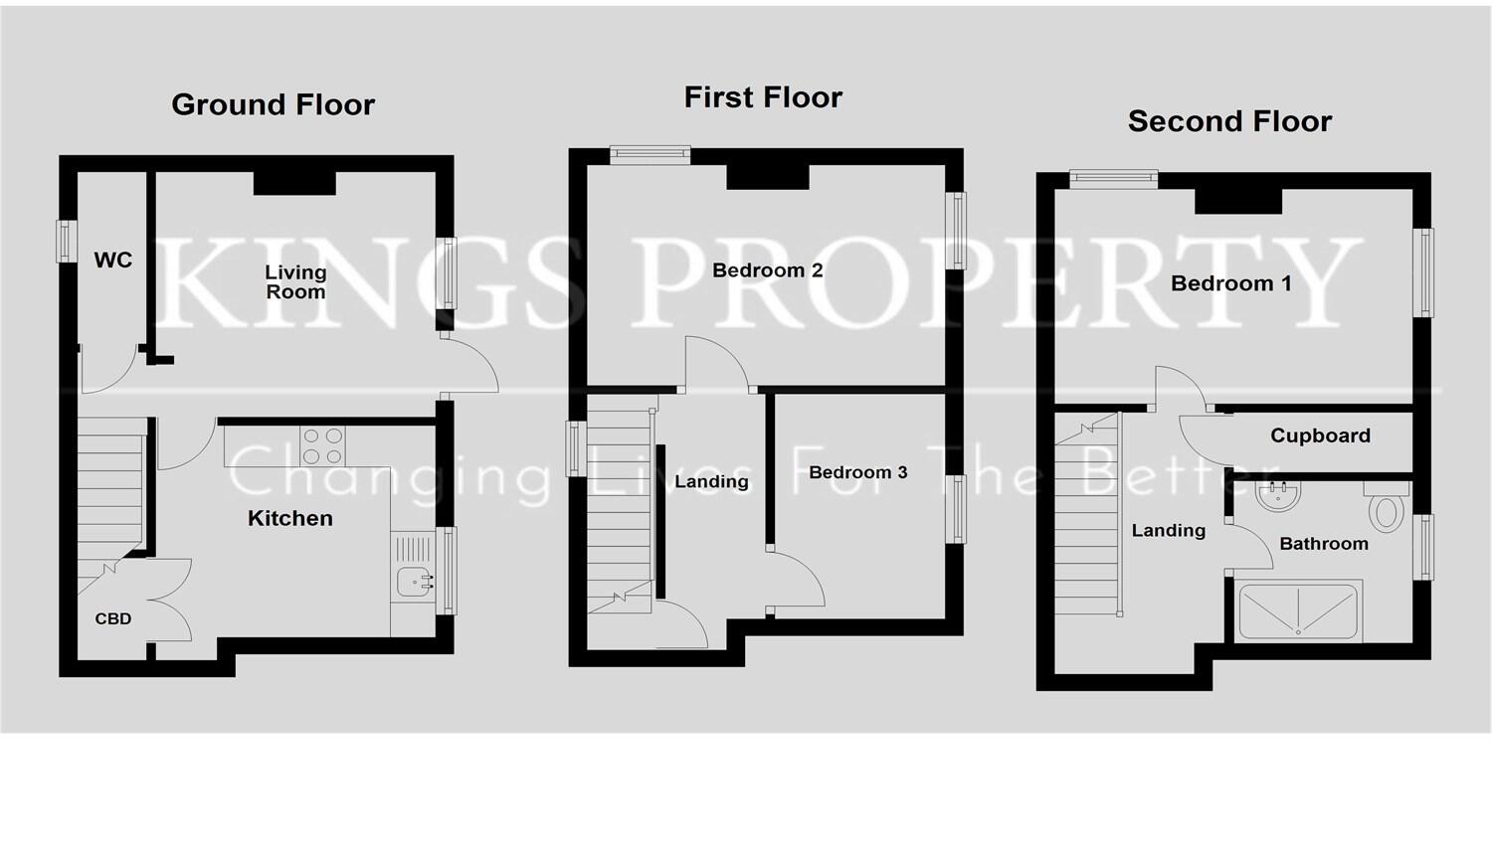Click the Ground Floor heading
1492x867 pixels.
273,104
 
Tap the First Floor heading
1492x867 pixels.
763,97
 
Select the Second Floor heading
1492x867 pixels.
1229,121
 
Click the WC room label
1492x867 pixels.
112,260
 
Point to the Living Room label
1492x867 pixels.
295,281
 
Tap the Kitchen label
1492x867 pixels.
289,518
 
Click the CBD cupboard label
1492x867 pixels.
113,618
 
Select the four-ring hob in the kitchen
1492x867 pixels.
322,445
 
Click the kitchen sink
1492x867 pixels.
414,582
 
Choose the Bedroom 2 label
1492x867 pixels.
767,270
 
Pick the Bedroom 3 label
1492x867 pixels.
857,472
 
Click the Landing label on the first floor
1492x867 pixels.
711,482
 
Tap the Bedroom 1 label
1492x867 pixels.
1230,283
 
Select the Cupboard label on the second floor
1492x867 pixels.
1320,435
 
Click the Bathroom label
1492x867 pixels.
1323,544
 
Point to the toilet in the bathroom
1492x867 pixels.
1386,509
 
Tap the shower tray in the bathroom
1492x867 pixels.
1298,611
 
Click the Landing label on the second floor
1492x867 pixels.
1168,531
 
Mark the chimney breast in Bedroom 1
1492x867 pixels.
1237,200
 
